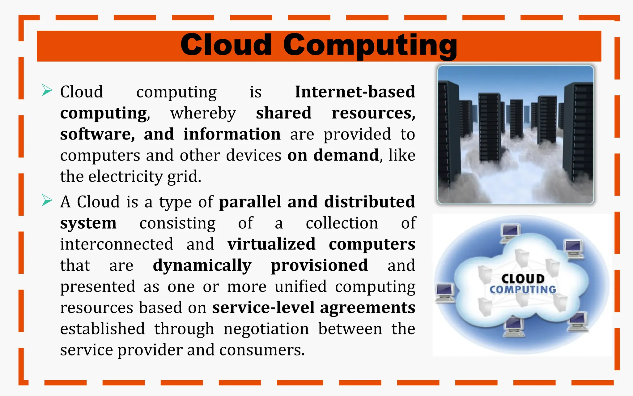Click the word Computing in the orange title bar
click(x=370, y=46)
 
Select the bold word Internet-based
click(x=355, y=92)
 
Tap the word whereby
click(x=203, y=113)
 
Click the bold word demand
click(x=346, y=155)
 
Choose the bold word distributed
click(x=369, y=202)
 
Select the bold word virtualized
click(x=271, y=244)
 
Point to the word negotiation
click(x=266, y=329)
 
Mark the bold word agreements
click(x=367, y=308)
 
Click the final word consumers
click(x=262, y=350)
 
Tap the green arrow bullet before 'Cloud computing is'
click(x=47, y=90)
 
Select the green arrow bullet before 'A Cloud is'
click(x=47, y=200)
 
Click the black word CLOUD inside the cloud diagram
click(x=523, y=279)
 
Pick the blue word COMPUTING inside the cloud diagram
click(x=523, y=290)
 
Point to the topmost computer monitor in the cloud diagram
click(x=511, y=233)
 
